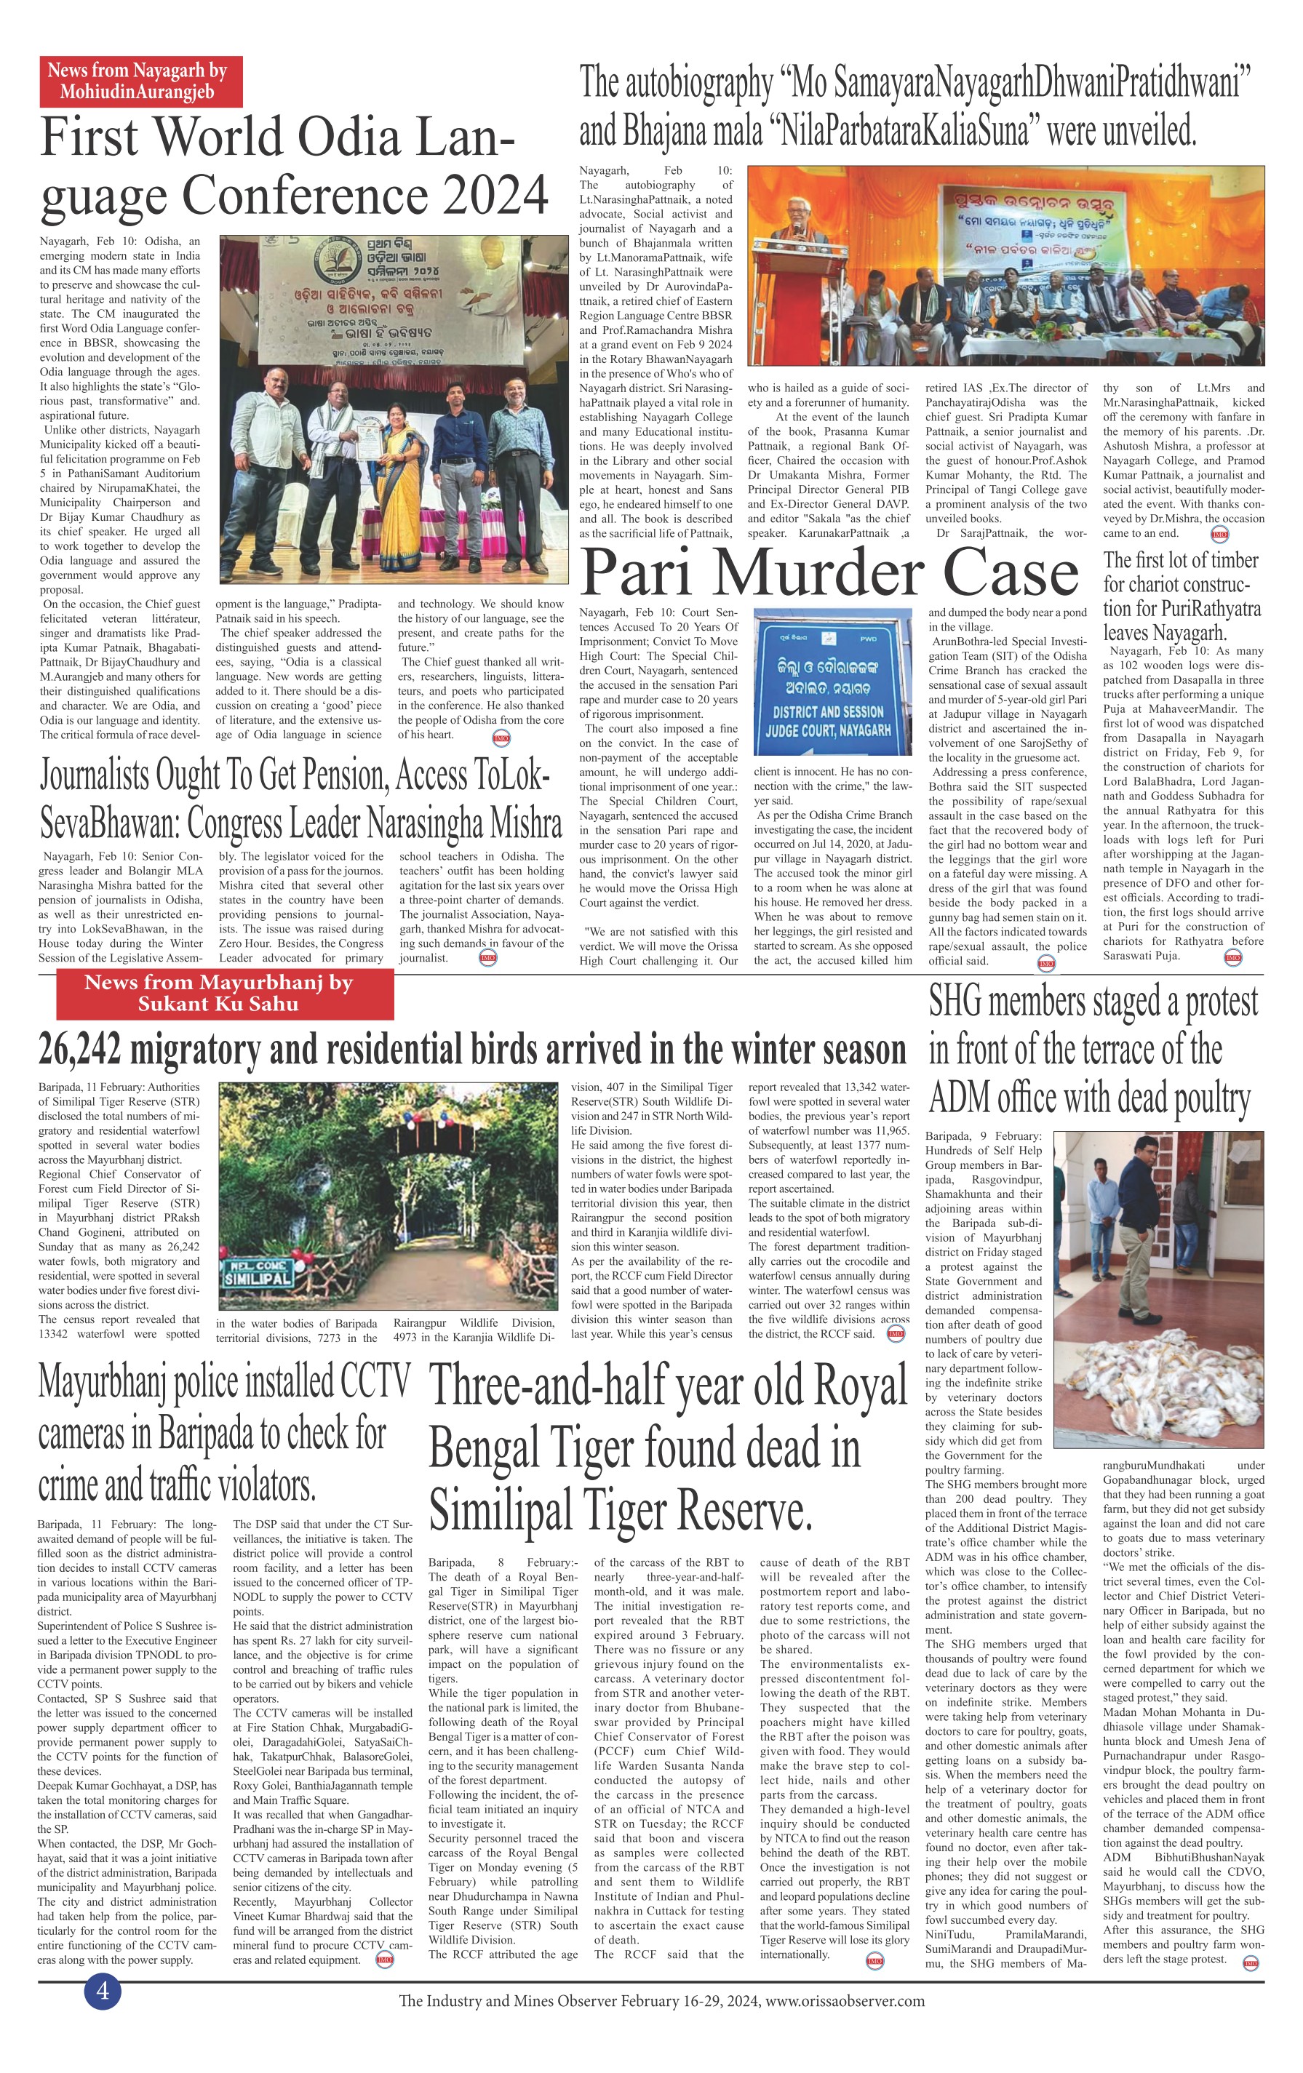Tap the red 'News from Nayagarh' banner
[140, 81]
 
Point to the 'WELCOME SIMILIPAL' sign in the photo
[258, 1273]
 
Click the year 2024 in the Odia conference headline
[496, 194]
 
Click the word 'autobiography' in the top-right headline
[695, 84]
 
